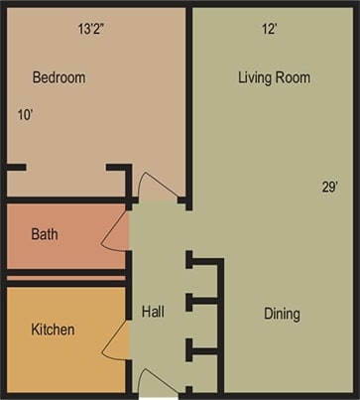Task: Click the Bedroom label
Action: tap(59, 77)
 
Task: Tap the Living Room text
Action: tap(274, 77)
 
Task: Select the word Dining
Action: tap(282, 315)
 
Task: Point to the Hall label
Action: tap(152, 312)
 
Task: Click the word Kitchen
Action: tap(53, 329)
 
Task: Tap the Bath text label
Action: tap(45, 235)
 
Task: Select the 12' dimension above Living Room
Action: tap(269, 29)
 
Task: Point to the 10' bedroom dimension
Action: tap(26, 115)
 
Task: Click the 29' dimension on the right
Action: tap(331, 187)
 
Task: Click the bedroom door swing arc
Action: tap(157, 186)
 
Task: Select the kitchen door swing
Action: tap(115, 340)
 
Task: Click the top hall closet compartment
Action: tap(204, 279)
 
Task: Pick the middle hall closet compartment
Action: tap(204, 324)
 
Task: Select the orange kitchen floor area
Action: tap(60, 357)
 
